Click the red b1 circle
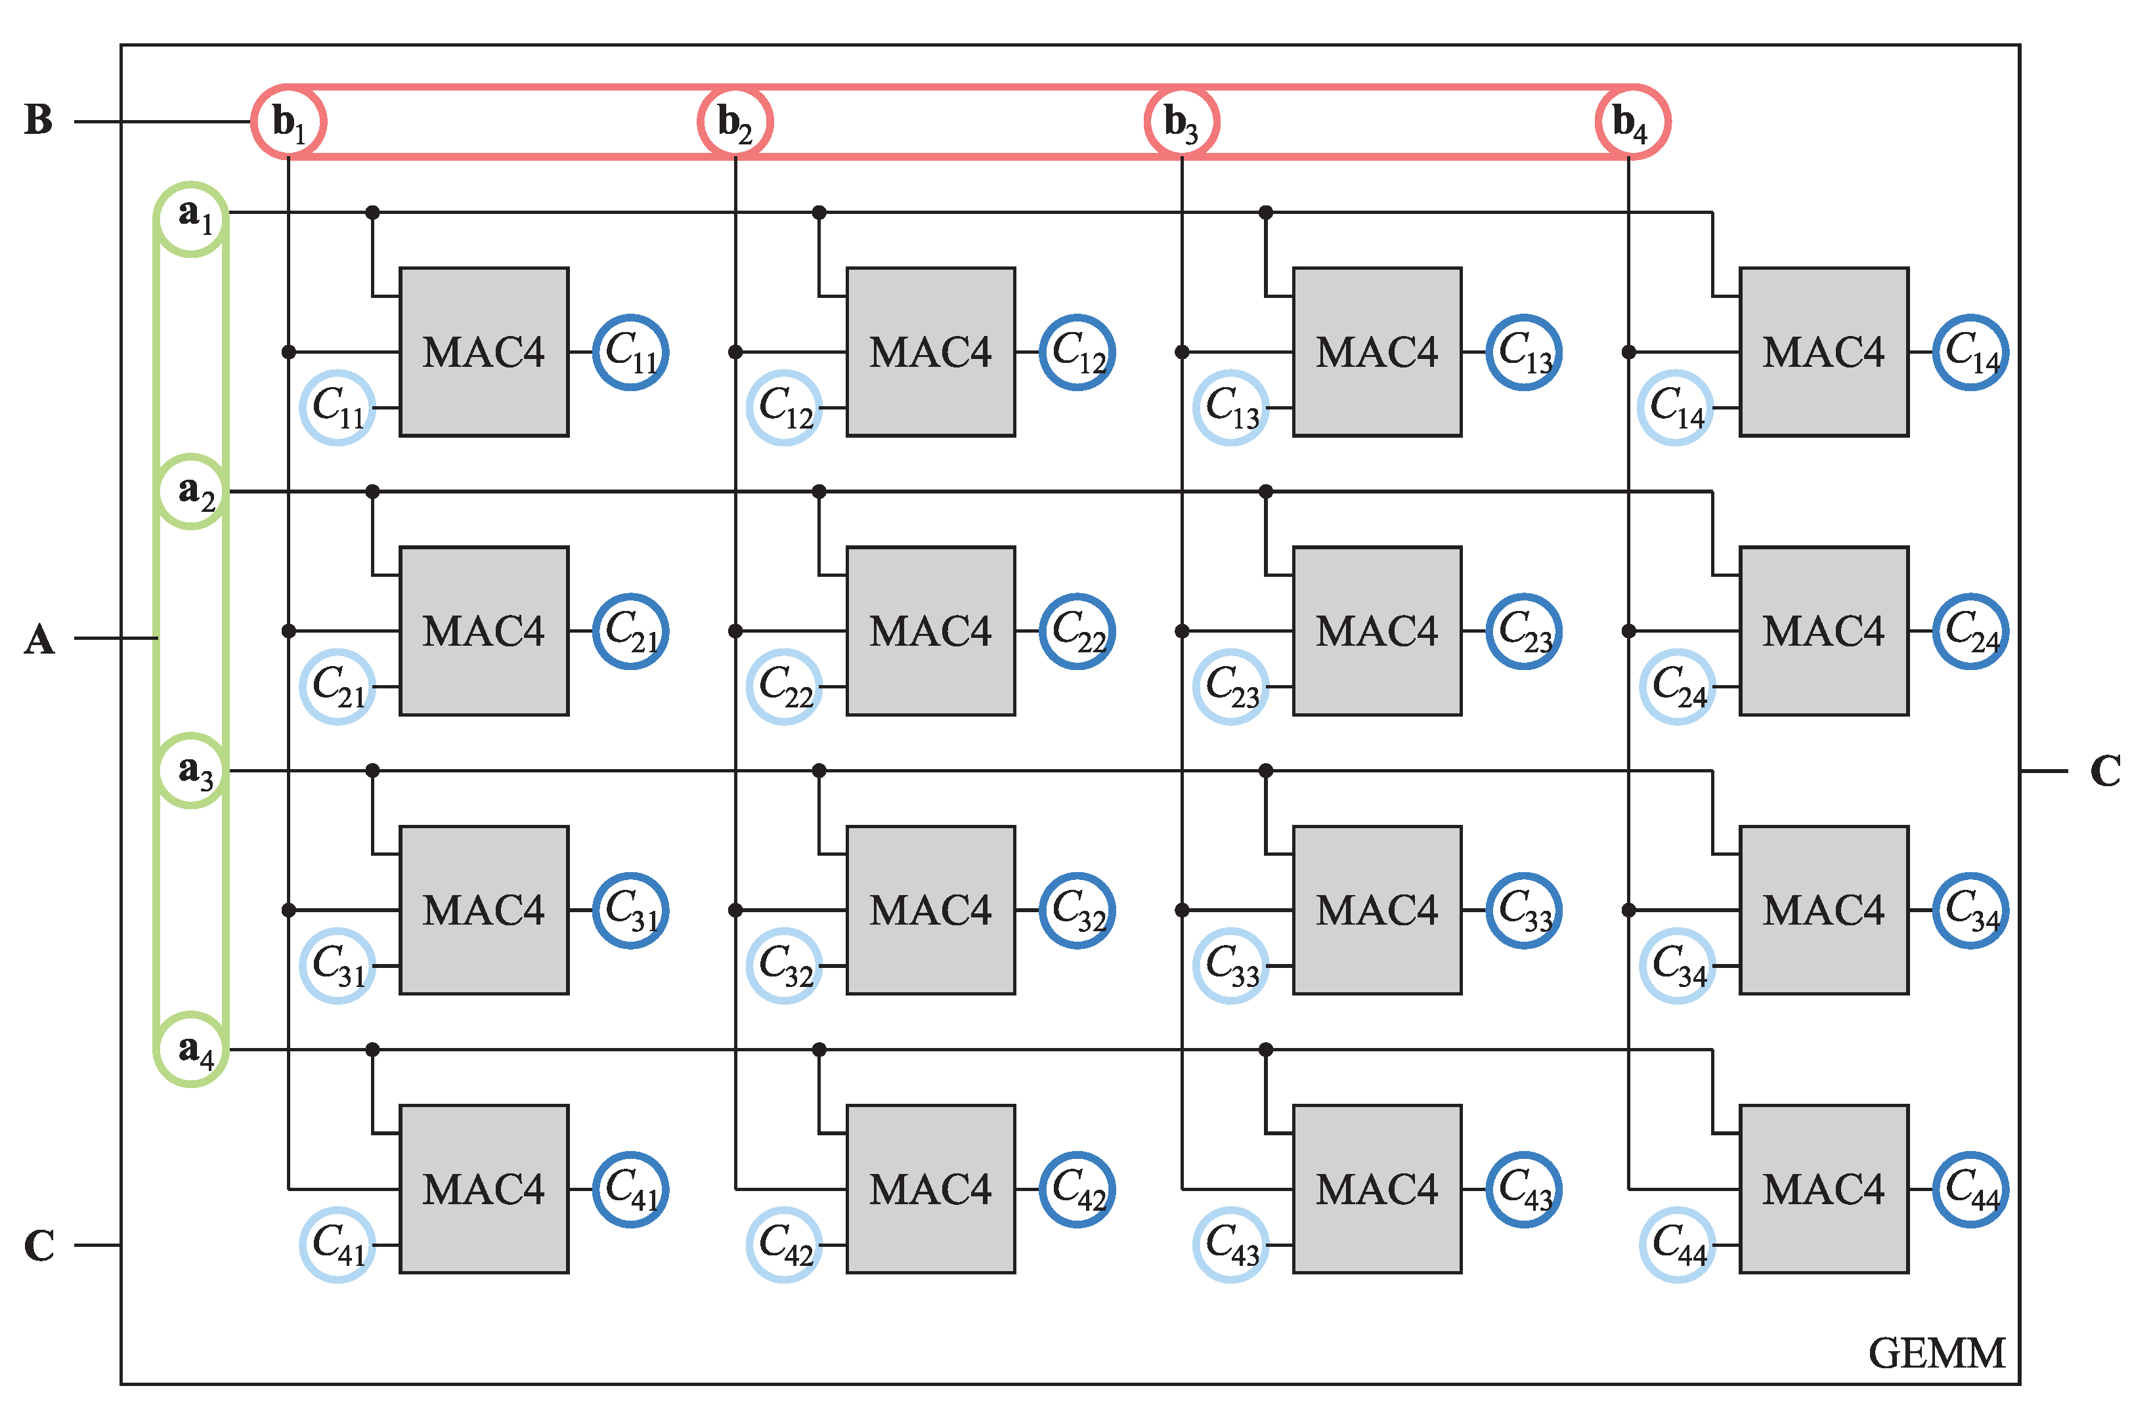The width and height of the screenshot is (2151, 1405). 288,121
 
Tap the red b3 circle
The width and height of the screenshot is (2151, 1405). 1181,121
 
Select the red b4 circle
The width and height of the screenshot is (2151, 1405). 1632,121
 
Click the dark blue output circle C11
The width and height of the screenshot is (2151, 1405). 630,352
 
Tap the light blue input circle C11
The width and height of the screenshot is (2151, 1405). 337,408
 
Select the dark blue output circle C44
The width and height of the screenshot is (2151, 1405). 1970,1189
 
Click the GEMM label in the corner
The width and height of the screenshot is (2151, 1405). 1936,1353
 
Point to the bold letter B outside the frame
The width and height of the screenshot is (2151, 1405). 39,120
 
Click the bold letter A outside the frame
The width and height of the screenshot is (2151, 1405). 39,639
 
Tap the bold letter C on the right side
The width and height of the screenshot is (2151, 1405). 2105,770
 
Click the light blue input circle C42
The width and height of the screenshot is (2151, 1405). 783,1244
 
